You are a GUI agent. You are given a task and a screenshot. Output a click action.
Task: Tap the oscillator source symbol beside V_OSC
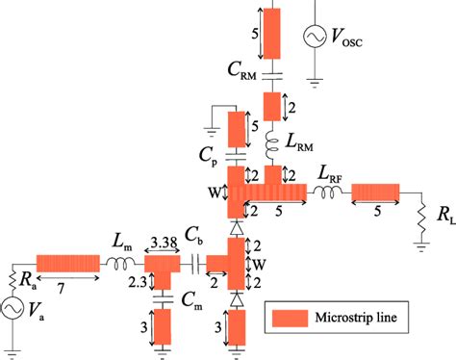[316, 36]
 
